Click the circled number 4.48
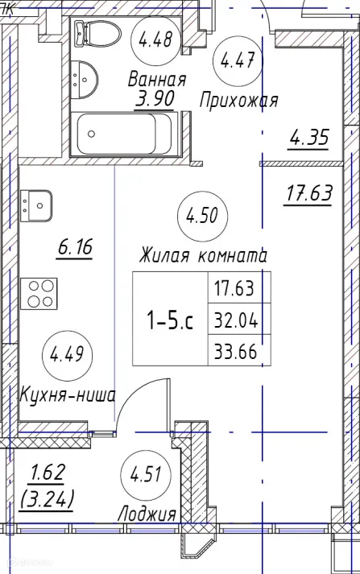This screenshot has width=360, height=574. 155,39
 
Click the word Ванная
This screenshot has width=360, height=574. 157,80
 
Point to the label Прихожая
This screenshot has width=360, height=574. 239,101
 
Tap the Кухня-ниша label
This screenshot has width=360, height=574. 68,395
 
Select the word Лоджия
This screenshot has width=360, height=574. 146,514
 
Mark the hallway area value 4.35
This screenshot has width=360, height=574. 309,138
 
